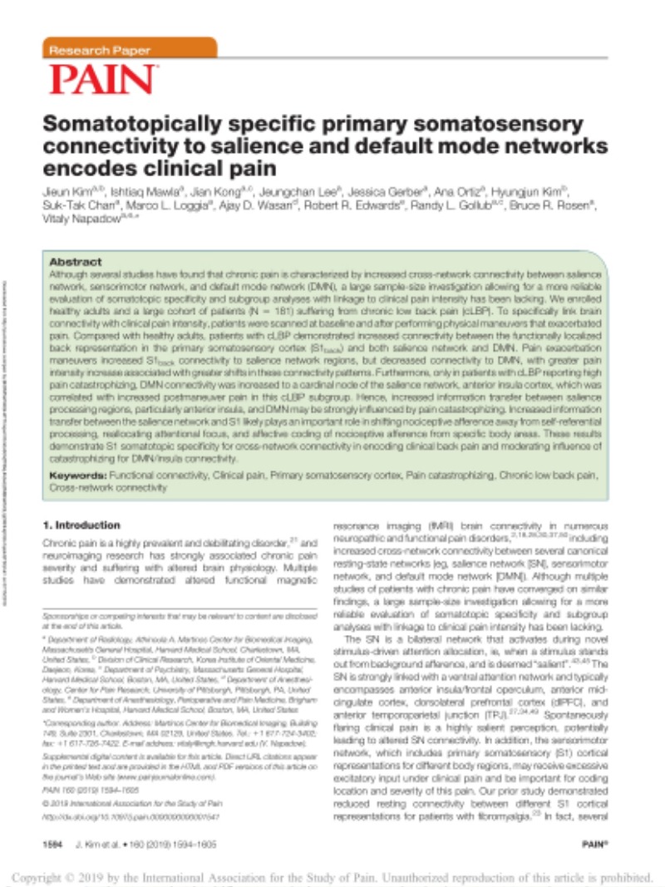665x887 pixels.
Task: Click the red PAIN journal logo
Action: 103,80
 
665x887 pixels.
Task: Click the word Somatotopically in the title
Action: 135,124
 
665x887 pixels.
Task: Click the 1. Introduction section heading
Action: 81,525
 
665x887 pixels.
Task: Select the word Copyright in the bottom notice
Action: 46,876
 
